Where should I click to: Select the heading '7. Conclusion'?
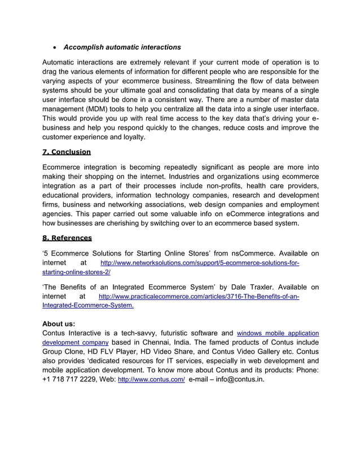point(67,152)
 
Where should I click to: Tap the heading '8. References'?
point(67,238)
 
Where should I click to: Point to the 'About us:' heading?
point(59,324)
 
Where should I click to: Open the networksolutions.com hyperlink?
point(199,263)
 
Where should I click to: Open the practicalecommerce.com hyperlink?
point(199,296)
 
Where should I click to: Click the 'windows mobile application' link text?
point(278,333)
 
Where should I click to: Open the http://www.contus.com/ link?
point(151,380)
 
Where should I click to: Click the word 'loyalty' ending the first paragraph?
point(131,137)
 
